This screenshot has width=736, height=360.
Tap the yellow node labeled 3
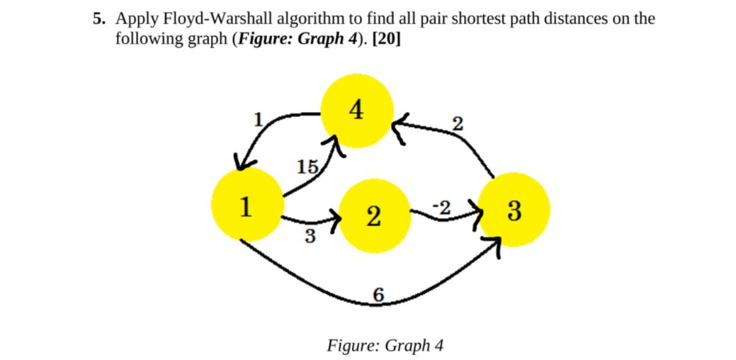(514, 210)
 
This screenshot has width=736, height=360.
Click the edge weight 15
(307, 167)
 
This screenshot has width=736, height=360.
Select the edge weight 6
(379, 296)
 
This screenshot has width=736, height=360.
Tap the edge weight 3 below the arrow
(310, 236)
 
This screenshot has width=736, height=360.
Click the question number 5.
(98, 18)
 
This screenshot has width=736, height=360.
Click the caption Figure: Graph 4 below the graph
(385, 345)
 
